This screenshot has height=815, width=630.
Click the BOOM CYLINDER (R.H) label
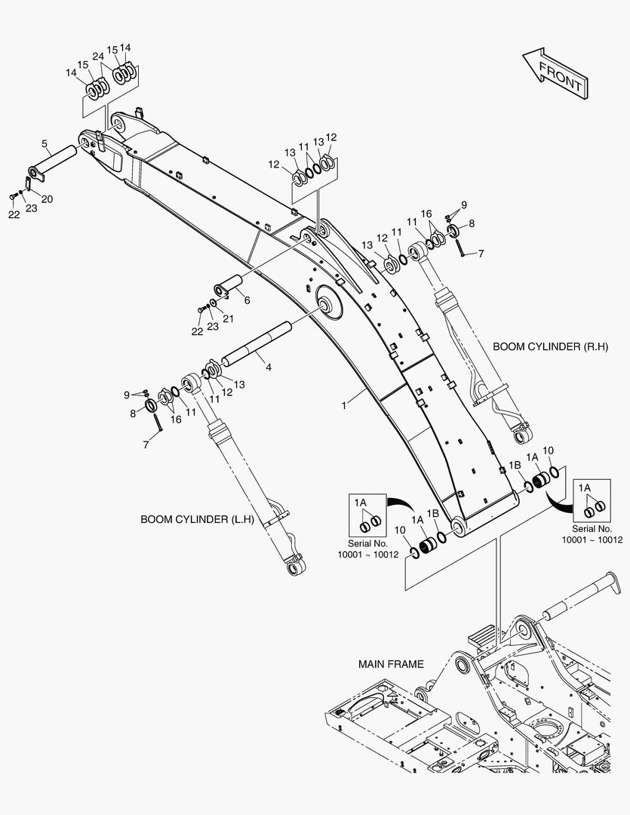coord(546,346)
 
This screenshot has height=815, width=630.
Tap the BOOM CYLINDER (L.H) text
coord(197,520)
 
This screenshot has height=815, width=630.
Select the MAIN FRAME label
coord(391,664)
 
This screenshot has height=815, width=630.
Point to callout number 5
coord(45,143)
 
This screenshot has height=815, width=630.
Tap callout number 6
coord(247,300)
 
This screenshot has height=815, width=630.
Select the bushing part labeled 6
coord(227,286)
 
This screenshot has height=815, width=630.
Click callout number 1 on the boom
coord(343,405)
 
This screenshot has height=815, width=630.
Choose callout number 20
coord(47,199)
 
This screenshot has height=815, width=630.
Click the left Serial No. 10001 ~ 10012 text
coord(367,549)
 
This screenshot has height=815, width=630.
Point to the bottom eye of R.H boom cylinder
coord(522,435)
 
